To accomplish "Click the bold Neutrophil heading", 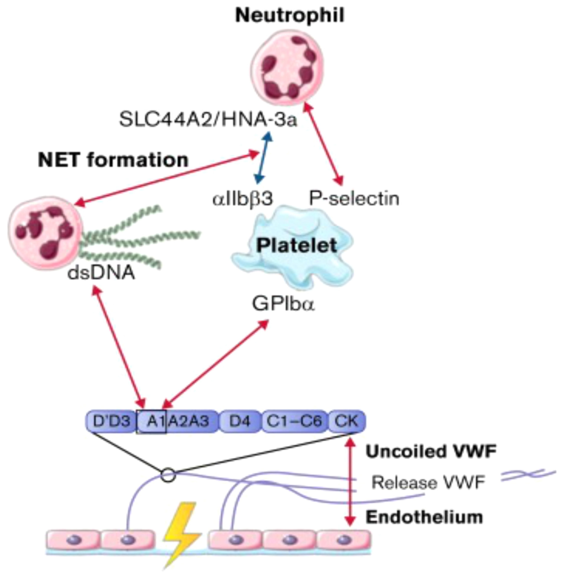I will pos(290,15).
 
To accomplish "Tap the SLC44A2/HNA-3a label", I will pos(208,120).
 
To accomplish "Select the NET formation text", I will pos(113,160).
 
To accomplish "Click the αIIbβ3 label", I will pos(242,198).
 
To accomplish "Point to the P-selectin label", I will pos(354,198).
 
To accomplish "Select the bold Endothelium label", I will pos(424,517).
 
